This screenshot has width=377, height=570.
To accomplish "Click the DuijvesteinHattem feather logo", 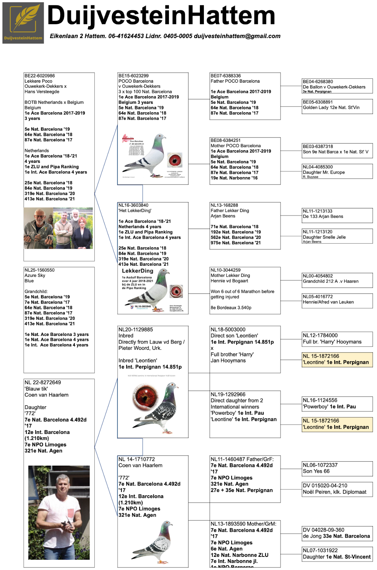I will pos(23,23).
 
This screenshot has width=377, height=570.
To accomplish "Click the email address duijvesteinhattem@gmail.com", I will pos(237,36).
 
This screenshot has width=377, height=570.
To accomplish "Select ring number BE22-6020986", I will pos(40,76).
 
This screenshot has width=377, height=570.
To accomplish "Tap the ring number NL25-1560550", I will pos(40,270).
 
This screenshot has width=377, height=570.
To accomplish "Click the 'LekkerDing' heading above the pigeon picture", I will pos(138,271).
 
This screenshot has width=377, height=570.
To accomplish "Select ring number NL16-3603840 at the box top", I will pos(133,205).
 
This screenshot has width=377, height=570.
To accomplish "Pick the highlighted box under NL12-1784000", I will pos(337,359).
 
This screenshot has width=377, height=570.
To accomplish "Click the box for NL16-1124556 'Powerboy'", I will pos(337,404).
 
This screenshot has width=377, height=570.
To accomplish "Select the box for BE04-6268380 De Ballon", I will pos(337,86).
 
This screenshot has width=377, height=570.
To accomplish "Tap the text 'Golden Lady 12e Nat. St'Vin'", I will pos(331,108).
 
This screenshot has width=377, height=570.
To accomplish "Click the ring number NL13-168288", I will pos(224,205).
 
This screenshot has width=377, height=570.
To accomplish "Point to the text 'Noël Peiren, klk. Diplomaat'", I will pos(335,492).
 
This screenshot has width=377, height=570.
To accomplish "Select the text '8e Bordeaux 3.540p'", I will pos(231,308).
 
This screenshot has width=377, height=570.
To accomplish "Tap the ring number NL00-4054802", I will pos(318,276).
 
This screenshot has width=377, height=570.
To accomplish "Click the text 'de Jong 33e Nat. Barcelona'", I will pos(336,536).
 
